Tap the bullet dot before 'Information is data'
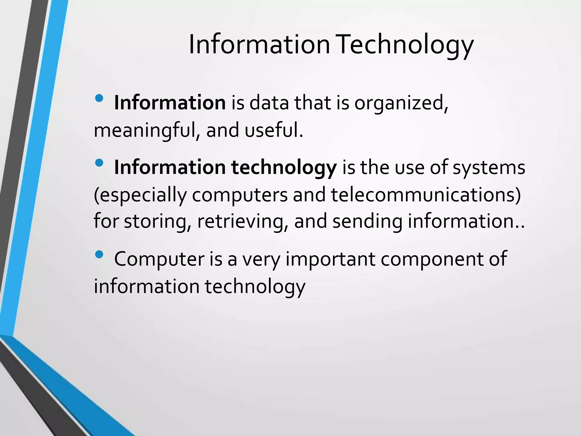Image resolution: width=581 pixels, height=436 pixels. (99, 98)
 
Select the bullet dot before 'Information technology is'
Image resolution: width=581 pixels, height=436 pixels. (99, 163)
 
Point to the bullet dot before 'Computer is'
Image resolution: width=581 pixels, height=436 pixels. (99, 254)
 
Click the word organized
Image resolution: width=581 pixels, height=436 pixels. (401, 103)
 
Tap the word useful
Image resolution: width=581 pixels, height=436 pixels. (274, 131)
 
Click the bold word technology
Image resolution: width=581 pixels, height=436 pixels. (284, 168)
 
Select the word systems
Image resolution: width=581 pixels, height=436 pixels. (489, 168)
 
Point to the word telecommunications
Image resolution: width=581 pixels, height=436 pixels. (426, 195)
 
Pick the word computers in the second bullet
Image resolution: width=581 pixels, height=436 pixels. (240, 196)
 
